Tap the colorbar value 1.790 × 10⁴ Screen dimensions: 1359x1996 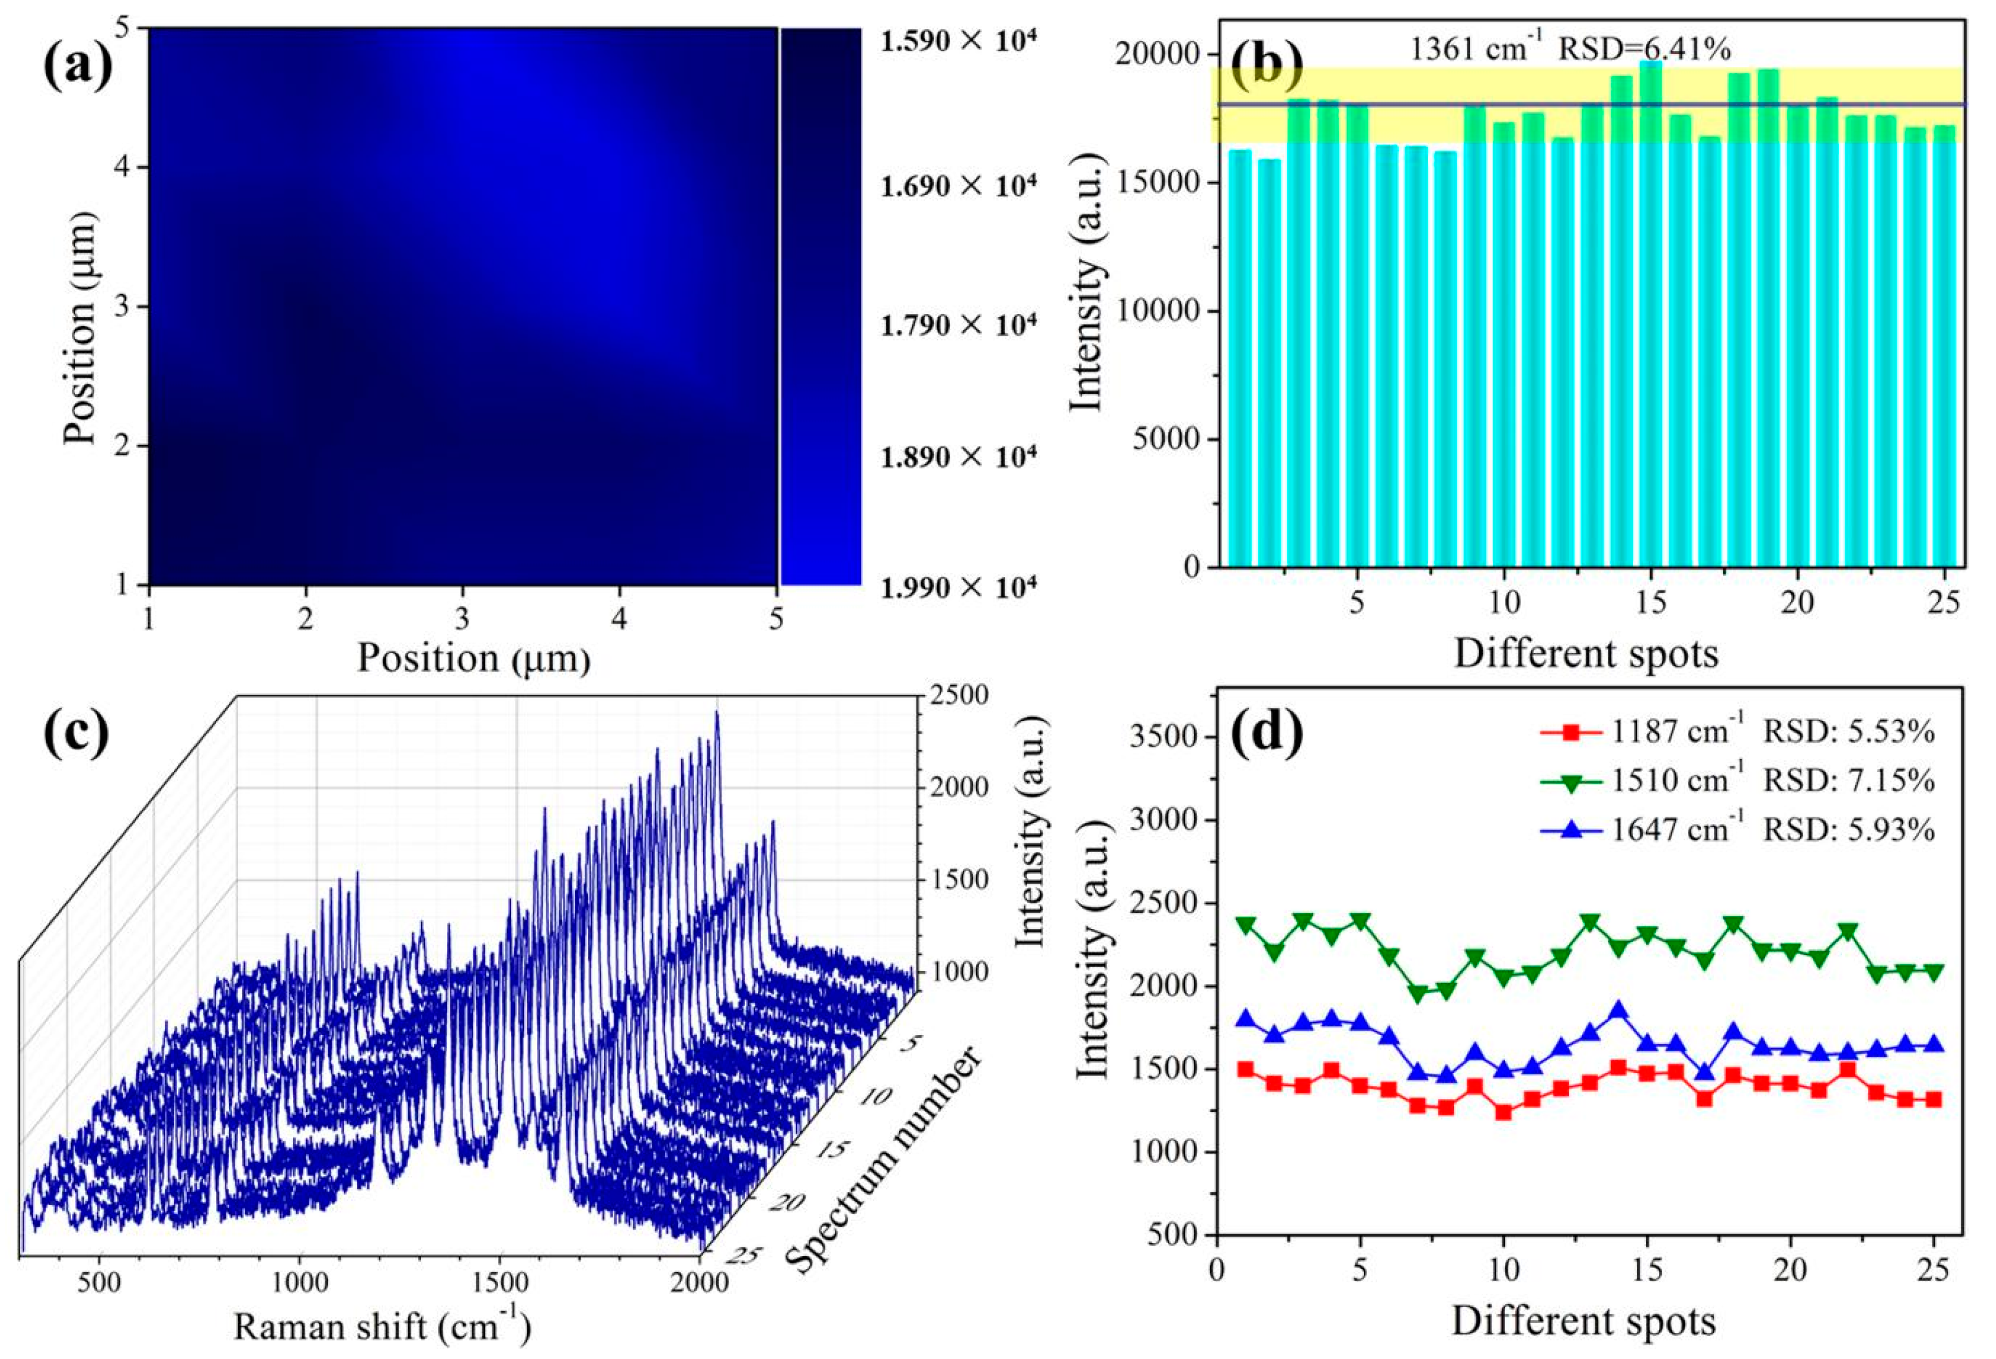(x=959, y=325)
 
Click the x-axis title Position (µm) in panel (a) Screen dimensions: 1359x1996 (x=474, y=658)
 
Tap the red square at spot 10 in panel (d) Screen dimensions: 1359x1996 (x=1503, y=1113)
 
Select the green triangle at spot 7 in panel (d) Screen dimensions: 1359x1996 (x=1417, y=994)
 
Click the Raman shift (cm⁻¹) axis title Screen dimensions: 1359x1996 (x=382, y=1328)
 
